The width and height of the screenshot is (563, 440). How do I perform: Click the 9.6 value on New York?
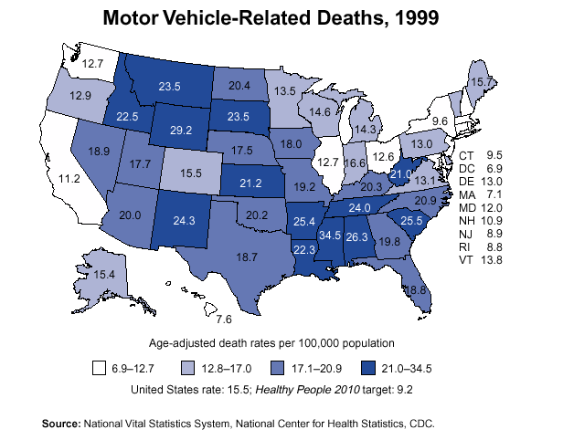(x=440, y=120)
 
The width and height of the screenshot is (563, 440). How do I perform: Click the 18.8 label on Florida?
(x=416, y=289)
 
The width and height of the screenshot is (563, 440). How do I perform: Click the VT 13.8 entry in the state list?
(x=481, y=260)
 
